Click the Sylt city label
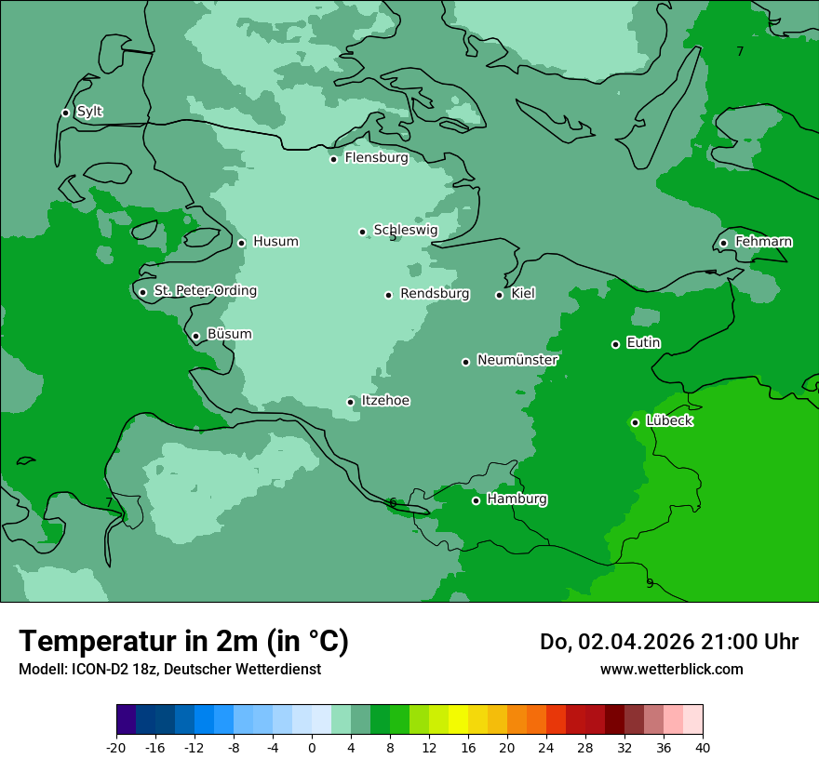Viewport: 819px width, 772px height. click(89, 112)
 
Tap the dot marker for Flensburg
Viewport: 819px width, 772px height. click(333, 159)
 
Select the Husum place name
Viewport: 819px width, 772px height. click(275, 242)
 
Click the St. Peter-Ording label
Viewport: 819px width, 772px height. click(205, 291)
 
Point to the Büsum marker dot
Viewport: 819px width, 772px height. click(195, 337)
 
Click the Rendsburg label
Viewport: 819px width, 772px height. click(435, 294)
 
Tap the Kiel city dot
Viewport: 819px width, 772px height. click(499, 295)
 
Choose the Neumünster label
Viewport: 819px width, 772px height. click(517, 360)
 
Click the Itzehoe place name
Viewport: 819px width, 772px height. click(385, 401)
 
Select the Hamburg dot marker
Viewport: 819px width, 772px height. click(476, 500)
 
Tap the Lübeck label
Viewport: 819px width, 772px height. click(669, 421)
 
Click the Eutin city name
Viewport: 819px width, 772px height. click(643, 343)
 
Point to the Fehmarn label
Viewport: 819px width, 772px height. click(763, 242)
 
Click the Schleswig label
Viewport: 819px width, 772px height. click(405, 230)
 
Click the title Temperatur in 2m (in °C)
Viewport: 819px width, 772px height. click(184, 641)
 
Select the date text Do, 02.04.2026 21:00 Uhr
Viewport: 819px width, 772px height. click(668, 642)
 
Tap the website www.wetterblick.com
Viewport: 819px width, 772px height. click(671, 669)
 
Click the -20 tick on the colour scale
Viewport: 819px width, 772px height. click(116, 748)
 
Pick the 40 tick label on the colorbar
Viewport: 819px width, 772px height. click(703, 748)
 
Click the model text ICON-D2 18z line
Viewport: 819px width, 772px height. click(169, 669)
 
